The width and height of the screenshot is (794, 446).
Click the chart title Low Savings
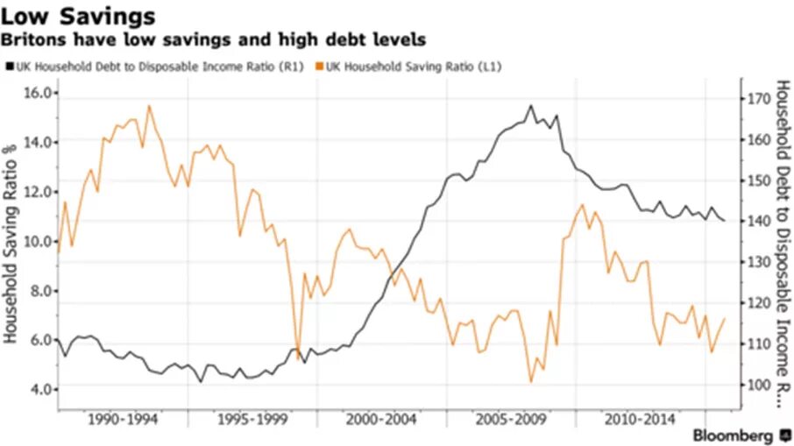[x=80, y=17]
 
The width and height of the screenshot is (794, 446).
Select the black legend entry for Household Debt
[x=159, y=65]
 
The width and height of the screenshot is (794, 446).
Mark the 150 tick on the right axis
[x=760, y=181]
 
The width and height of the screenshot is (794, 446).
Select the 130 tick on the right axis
[x=760, y=263]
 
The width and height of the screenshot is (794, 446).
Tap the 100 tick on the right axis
[x=760, y=386]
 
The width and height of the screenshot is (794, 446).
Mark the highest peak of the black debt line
[x=530, y=106]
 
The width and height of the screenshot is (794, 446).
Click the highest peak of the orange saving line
[x=148, y=106]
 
